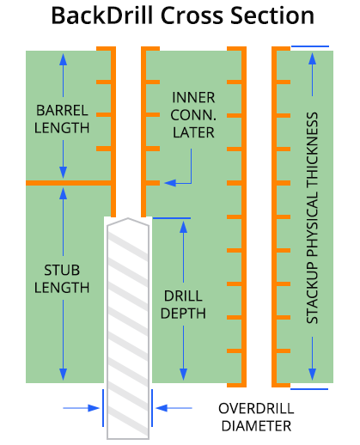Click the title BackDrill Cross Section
click(x=181, y=16)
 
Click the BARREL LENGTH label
click(x=62, y=119)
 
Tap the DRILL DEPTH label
click(x=184, y=304)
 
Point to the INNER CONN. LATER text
click(x=193, y=114)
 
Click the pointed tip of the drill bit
click(x=127, y=220)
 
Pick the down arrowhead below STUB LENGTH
click(x=62, y=375)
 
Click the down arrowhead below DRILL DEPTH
click(x=183, y=375)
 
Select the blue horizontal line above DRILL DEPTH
click(x=170, y=218)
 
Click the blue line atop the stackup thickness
click(x=309, y=46)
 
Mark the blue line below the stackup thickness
click(x=309, y=388)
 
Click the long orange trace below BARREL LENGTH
click(x=69, y=183)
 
